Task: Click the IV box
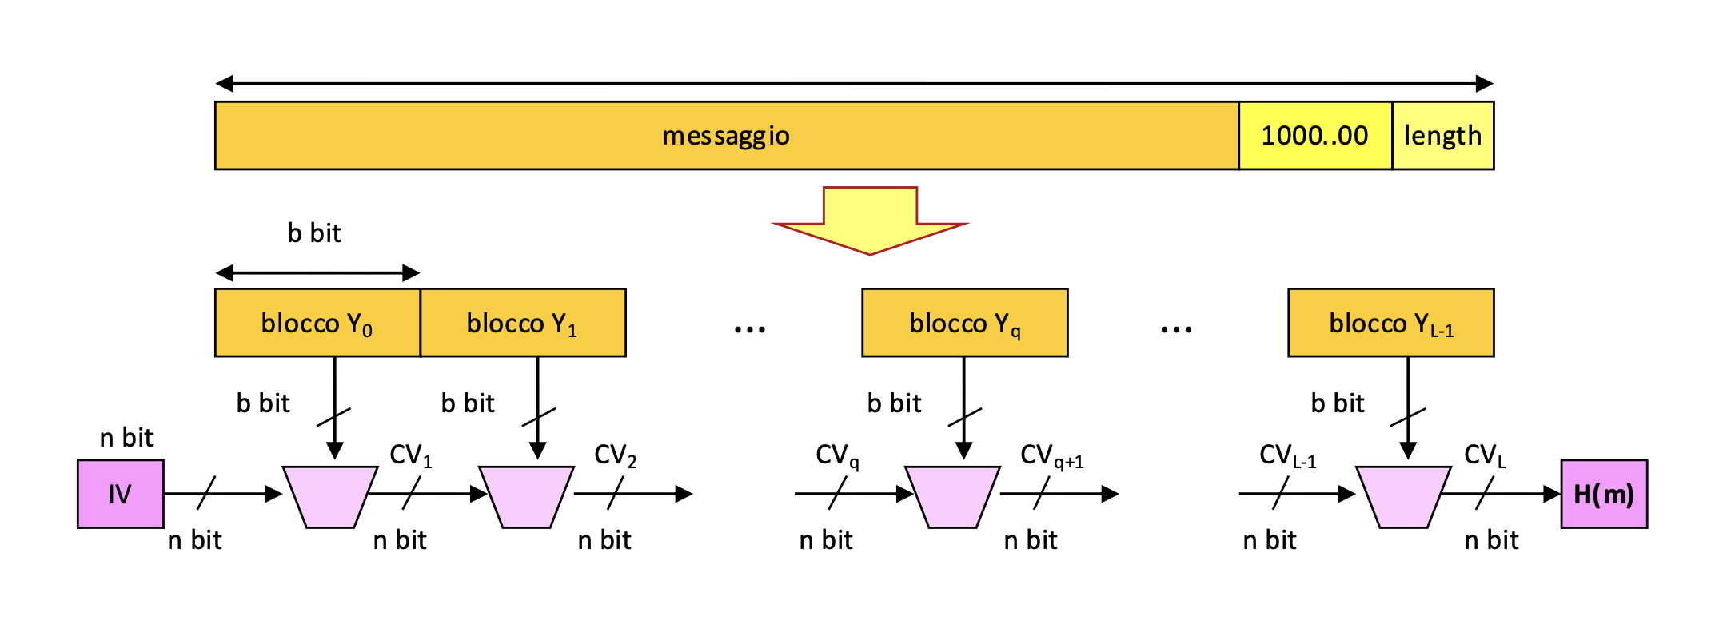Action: [x=121, y=494]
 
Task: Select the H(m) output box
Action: [x=1604, y=494]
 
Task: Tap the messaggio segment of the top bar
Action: [x=726, y=136]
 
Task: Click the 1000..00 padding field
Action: [x=1315, y=136]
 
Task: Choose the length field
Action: [x=1442, y=136]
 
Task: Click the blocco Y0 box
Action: [x=317, y=323]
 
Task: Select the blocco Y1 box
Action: [x=523, y=323]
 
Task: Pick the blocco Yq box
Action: [x=964, y=323]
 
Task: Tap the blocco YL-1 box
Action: [x=1390, y=323]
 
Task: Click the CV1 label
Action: [x=411, y=455]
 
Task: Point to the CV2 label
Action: [x=616, y=455]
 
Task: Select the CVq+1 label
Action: [x=1051, y=455]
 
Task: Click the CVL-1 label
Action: [x=1287, y=455]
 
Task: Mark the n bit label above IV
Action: [x=126, y=438]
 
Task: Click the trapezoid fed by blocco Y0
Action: [x=330, y=496]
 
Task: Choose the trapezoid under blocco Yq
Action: [x=952, y=496]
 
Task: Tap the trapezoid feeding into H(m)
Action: [x=1403, y=496]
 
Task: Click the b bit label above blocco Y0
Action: [x=314, y=233]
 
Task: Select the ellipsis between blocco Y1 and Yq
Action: [x=750, y=328]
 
